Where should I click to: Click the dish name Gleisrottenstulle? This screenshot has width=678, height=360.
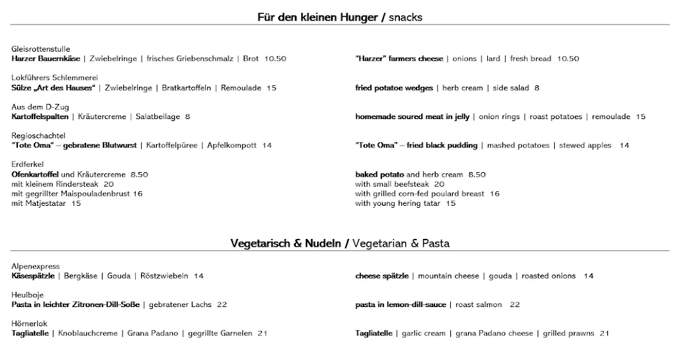click(x=41, y=49)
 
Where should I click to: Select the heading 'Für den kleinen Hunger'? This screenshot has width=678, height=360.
click(x=317, y=18)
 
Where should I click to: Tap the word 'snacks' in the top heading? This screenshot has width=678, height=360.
click(x=406, y=18)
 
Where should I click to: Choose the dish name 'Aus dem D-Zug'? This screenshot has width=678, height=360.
click(x=40, y=107)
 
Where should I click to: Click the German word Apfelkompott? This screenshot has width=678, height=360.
click(x=232, y=146)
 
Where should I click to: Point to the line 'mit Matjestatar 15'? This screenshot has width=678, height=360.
click(x=46, y=204)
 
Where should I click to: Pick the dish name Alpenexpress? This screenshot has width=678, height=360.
click(x=36, y=266)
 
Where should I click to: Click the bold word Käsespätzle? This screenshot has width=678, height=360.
click(x=33, y=276)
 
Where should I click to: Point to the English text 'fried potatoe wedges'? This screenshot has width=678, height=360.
click(x=394, y=88)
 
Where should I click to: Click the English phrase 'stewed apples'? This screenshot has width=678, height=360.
click(x=585, y=146)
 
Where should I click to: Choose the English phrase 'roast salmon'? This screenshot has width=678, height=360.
click(x=479, y=305)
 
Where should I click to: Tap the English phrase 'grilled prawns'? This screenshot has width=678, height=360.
click(x=568, y=334)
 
